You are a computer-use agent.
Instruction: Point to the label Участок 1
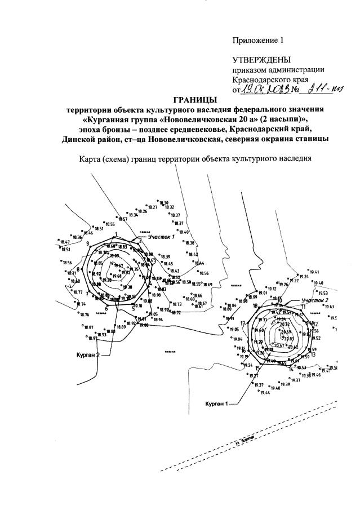click(x=162, y=237)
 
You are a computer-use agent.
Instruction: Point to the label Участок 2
click(x=314, y=300)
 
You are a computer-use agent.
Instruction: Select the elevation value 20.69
click(x=286, y=332)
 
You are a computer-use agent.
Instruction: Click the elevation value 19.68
click(x=117, y=276)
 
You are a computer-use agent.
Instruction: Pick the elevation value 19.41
click(x=314, y=272)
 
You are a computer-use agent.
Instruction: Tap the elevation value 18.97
click(x=92, y=338)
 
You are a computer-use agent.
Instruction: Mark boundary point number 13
click(x=312, y=354)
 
